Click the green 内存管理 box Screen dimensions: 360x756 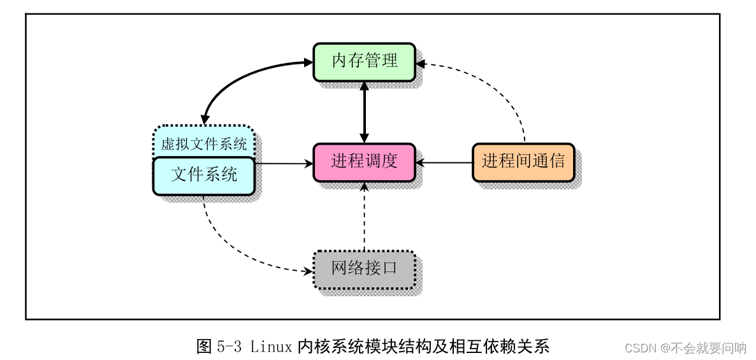point(364,61)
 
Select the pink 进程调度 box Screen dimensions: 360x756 point(364,162)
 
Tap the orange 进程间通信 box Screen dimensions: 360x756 point(523,162)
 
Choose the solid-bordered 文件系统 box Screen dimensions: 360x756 point(204,175)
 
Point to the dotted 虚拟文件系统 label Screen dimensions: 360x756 point(204,143)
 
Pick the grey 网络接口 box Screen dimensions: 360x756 point(364,269)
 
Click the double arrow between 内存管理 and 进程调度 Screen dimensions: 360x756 point(364,112)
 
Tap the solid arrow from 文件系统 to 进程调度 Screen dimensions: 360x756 point(284,163)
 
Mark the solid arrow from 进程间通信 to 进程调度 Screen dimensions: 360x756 point(444,163)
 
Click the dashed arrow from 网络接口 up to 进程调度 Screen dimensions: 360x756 point(364,217)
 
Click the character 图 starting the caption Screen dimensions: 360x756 point(204,347)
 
